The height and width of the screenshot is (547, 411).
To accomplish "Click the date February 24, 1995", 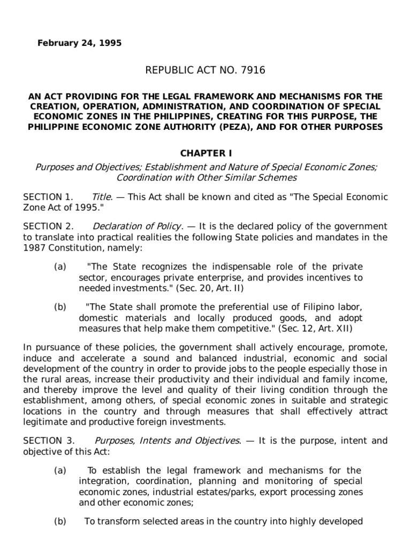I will tap(79, 43).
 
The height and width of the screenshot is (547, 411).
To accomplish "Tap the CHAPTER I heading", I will tap(205, 153).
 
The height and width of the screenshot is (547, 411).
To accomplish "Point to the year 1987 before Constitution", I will tap(35, 246).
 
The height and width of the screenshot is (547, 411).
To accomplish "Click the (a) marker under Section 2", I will tap(60, 267).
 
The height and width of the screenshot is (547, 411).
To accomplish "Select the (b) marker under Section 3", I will tap(60, 521).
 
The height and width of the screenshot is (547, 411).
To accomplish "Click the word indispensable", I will tap(205, 267).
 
